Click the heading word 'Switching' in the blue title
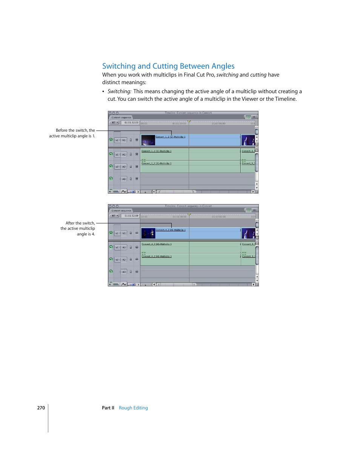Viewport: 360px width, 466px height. (118, 66)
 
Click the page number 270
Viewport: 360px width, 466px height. (41, 408)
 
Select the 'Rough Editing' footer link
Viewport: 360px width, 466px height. (133, 408)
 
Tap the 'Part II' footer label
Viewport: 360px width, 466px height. (108, 408)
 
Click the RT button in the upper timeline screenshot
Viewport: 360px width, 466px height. (114, 123)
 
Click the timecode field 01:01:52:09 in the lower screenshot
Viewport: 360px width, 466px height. (131, 216)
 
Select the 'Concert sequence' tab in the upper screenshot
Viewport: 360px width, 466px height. (121, 117)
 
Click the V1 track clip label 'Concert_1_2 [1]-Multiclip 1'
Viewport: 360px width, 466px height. (171, 137)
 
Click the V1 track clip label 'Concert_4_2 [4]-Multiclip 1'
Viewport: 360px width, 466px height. (171, 230)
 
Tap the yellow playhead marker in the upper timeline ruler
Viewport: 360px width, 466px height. (189, 121)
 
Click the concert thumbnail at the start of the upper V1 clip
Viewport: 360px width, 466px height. (148, 140)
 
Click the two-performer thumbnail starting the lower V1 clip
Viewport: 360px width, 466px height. (148, 233)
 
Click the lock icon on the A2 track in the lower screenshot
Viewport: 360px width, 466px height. (131, 260)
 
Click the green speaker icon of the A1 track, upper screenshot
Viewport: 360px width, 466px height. (111, 154)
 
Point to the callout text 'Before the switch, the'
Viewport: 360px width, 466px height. (75, 131)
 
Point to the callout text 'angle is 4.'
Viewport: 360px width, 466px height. (86, 234)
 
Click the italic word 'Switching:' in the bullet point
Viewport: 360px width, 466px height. (119, 91)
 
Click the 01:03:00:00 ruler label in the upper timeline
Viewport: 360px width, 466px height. (218, 123)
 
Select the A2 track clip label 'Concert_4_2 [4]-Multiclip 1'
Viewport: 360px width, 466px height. (157, 257)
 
